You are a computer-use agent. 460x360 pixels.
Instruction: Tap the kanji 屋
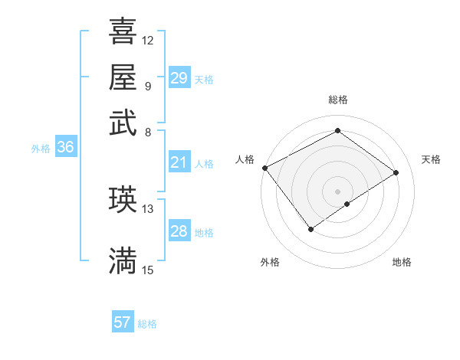pos(123,77)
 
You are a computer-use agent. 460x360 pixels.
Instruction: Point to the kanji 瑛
pos(123,199)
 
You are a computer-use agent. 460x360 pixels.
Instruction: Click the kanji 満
pos(123,260)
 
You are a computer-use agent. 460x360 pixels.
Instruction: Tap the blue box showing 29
pos(179,78)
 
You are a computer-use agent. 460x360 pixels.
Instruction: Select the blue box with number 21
pos(179,162)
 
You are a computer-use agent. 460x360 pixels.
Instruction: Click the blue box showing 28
pos(179,231)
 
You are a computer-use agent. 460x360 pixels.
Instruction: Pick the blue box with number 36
pos(65,148)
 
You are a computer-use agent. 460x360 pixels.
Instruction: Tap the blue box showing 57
pos(123,322)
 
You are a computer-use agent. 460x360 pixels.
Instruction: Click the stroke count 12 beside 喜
pos(148,40)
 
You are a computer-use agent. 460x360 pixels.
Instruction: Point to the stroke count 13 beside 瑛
pos(148,208)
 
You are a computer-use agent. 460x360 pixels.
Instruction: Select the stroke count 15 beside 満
pos(148,270)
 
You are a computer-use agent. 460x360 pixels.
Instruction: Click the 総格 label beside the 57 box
pos(147,324)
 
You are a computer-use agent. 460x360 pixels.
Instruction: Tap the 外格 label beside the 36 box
pos(41,149)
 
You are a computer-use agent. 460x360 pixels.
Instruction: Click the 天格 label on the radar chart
pos(431,159)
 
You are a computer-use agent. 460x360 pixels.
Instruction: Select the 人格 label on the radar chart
pos(245,159)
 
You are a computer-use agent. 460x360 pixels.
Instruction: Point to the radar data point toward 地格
pos(347,204)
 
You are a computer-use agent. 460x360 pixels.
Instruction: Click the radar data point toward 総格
pos(337,130)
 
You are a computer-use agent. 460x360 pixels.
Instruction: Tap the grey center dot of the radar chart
pos(337,190)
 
